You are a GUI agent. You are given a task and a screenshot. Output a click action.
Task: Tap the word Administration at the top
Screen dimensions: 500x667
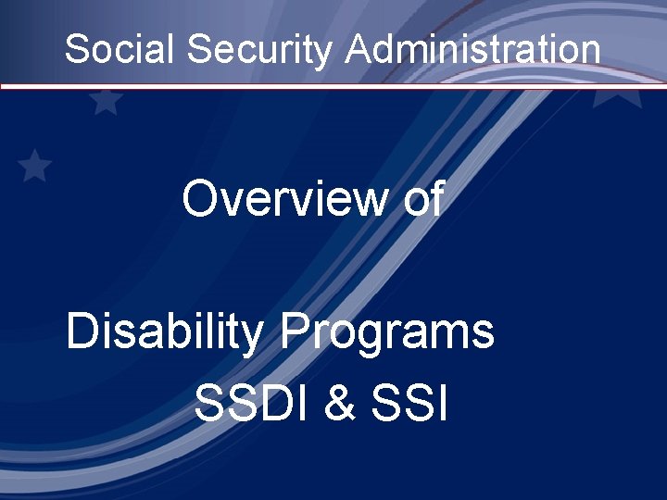472,49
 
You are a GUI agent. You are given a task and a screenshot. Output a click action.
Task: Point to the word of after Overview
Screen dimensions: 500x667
422,199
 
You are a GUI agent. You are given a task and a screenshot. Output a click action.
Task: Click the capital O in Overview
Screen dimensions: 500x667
201,199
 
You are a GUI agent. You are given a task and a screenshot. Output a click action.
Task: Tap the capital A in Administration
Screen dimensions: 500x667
359,49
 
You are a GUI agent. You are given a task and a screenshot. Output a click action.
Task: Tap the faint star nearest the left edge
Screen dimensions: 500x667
35,166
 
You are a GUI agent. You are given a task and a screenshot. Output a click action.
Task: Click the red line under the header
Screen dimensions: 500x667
333,86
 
